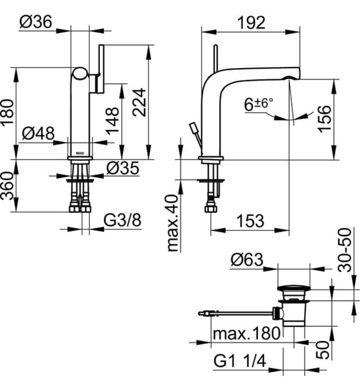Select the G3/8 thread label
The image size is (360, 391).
(122, 221)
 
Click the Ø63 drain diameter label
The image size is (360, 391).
(247, 260)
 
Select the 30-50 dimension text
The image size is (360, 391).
(347, 249)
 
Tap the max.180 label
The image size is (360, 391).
(246, 334)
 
